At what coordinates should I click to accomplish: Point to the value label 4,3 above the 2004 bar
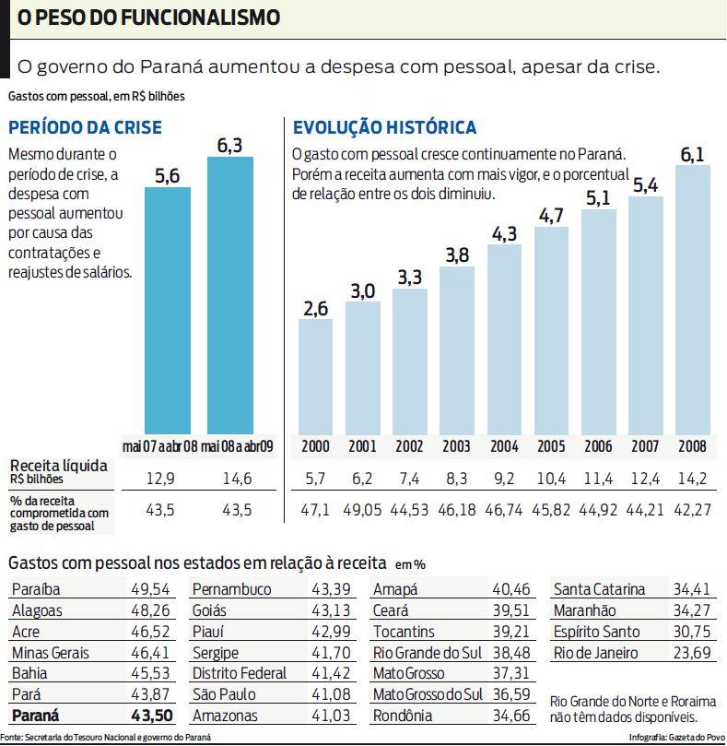pos(504,234)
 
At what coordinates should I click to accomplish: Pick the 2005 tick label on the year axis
pos(550,446)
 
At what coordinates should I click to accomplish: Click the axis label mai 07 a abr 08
pos(159,446)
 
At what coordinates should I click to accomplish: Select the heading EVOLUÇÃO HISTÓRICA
pos(384,128)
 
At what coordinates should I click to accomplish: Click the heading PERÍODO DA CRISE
pos(85,128)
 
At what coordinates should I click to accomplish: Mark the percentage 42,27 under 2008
pos(692,510)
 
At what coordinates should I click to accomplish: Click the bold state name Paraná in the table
pos(41,716)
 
